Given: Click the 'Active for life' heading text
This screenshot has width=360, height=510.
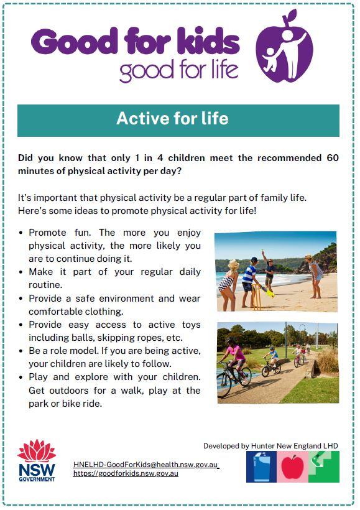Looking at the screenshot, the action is (x=172, y=118).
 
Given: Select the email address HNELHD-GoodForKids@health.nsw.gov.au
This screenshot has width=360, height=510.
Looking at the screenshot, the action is (x=145, y=465).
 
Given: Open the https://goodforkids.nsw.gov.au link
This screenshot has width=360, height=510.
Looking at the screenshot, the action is (x=126, y=473).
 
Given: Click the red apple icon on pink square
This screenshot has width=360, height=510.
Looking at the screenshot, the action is (x=292, y=466).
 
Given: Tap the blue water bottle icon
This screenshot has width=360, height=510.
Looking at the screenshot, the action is (x=262, y=466).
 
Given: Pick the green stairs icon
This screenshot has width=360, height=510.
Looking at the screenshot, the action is (x=324, y=466).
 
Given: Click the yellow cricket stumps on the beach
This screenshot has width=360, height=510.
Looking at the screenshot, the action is (x=257, y=297).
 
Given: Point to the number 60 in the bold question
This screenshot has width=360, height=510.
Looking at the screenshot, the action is (x=333, y=158).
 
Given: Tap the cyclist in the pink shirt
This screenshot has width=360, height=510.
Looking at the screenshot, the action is (x=234, y=358).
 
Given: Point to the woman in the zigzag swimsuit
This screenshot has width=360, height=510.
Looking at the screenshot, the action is (x=229, y=285).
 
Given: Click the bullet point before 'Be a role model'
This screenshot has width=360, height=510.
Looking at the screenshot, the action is (x=21, y=351).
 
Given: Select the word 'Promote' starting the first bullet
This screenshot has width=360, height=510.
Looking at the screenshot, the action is (x=47, y=233).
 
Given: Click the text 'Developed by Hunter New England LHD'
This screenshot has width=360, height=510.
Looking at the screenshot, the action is (x=270, y=445).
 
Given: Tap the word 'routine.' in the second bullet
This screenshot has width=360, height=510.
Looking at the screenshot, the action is (x=45, y=285).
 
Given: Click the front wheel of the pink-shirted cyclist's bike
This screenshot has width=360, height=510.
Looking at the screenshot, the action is (x=224, y=386).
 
